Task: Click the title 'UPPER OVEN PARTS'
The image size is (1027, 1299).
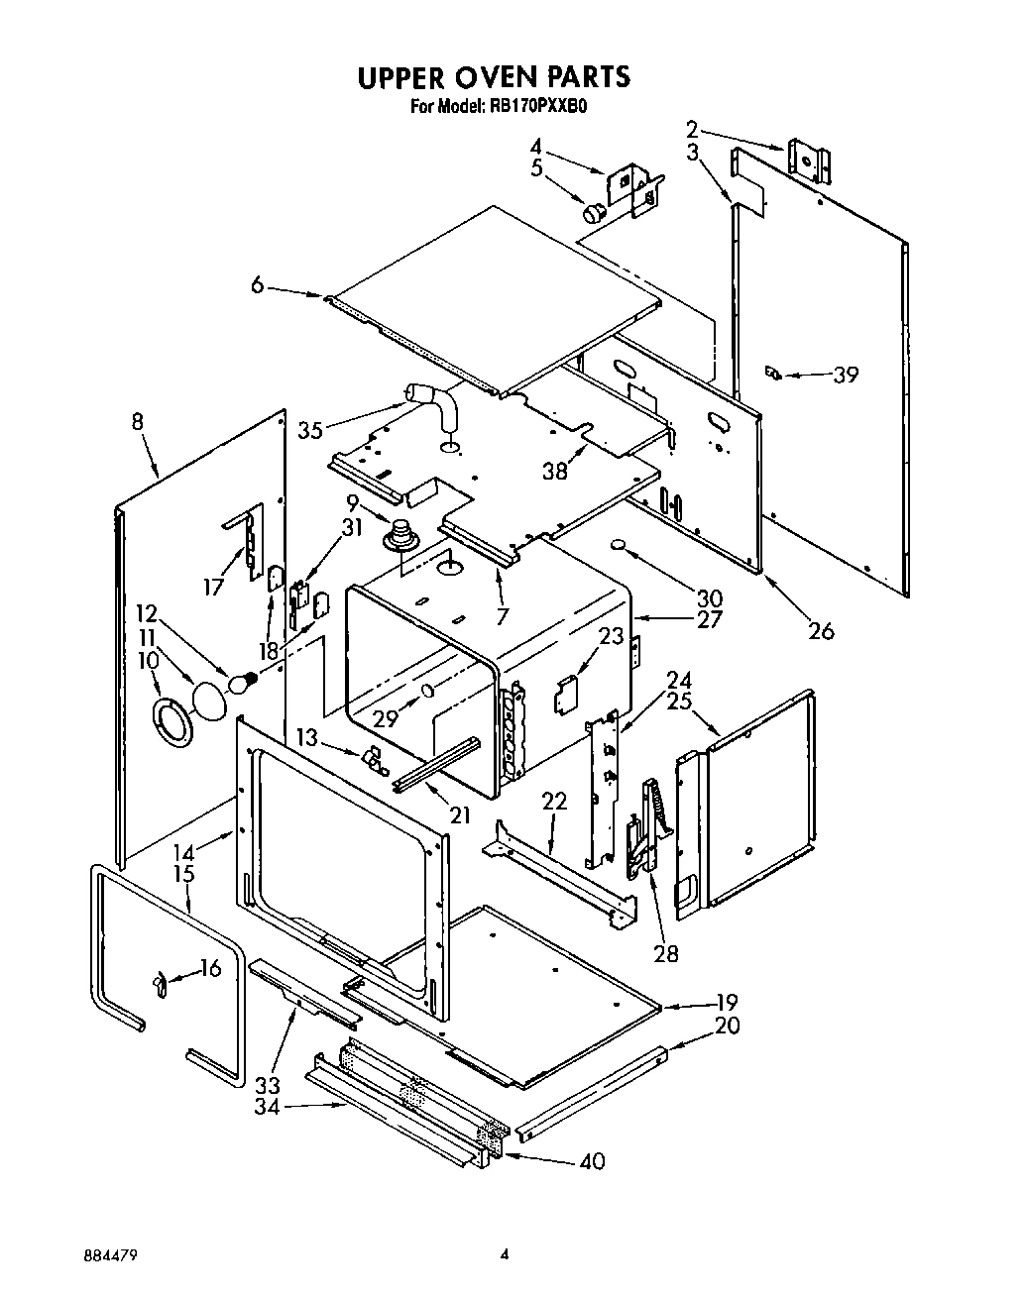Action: [x=493, y=76]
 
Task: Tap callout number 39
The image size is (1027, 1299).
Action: [x=845, y=375]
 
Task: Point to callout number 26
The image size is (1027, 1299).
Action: [x=822, y=630]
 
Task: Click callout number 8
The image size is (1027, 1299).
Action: [x=137, y=423]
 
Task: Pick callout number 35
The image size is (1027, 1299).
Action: [x=310, y=430]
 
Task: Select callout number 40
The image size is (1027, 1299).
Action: [x=591, y=1160]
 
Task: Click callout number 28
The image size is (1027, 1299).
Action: [x=666, y=953]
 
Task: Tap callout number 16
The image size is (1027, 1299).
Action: [x=210, y=968]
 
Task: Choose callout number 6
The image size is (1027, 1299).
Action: [x=257, y=285]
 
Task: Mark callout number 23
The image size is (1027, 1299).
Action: [x=611, y=636]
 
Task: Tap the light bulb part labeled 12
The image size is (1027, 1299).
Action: [x=242, y=682]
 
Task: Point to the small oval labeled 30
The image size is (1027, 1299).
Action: [x=618, y=546]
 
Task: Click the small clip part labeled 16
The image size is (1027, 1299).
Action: [x=159, y=983]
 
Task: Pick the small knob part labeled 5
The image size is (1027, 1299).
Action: [x=592, y=211]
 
